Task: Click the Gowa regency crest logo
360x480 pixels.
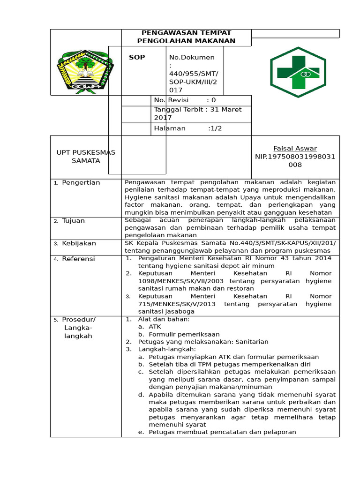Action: point(85,70)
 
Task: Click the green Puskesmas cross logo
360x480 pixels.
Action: point(300,72)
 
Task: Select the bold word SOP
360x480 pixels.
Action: point(137,57)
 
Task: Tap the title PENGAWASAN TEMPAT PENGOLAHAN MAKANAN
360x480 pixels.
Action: point(186,37)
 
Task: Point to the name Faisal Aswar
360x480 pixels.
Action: point(295,148)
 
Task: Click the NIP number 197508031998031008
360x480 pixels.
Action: point(295,160)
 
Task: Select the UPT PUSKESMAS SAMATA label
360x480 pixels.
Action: point(85,157)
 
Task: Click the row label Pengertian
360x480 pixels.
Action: point(81,182)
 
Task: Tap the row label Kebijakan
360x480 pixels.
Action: point(79,243)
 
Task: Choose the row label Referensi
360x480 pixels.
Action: point(78,259)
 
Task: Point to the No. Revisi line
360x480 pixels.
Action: point(185,100)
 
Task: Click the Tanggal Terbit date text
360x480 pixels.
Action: point(197,113)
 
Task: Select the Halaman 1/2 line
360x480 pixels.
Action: point(187,128)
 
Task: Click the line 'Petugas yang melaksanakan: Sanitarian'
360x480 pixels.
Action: point(202,342)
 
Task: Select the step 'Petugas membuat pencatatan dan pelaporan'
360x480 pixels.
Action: point(222,432)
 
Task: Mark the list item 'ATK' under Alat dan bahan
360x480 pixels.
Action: point(155,326)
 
